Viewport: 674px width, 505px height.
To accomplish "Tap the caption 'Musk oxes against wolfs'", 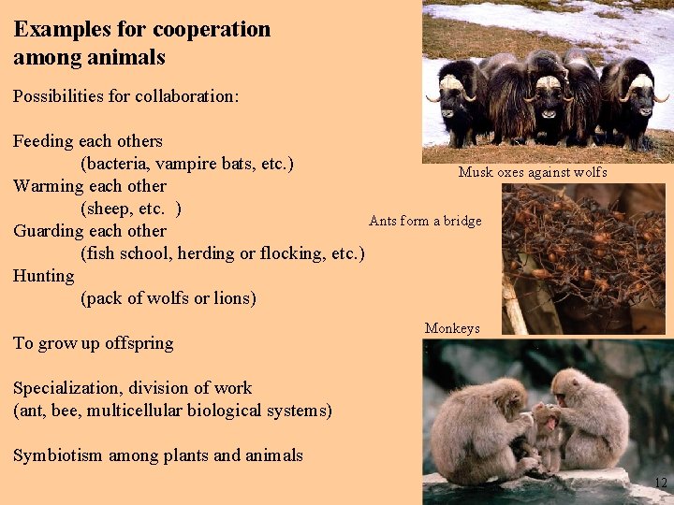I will pos(533,172).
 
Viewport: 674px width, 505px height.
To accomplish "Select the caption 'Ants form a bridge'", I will pos(425,221).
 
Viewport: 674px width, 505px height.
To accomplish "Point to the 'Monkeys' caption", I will pos(452,328).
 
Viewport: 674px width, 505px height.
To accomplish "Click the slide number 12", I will pos(661,483).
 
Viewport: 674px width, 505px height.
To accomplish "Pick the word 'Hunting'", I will pos(44,276).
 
